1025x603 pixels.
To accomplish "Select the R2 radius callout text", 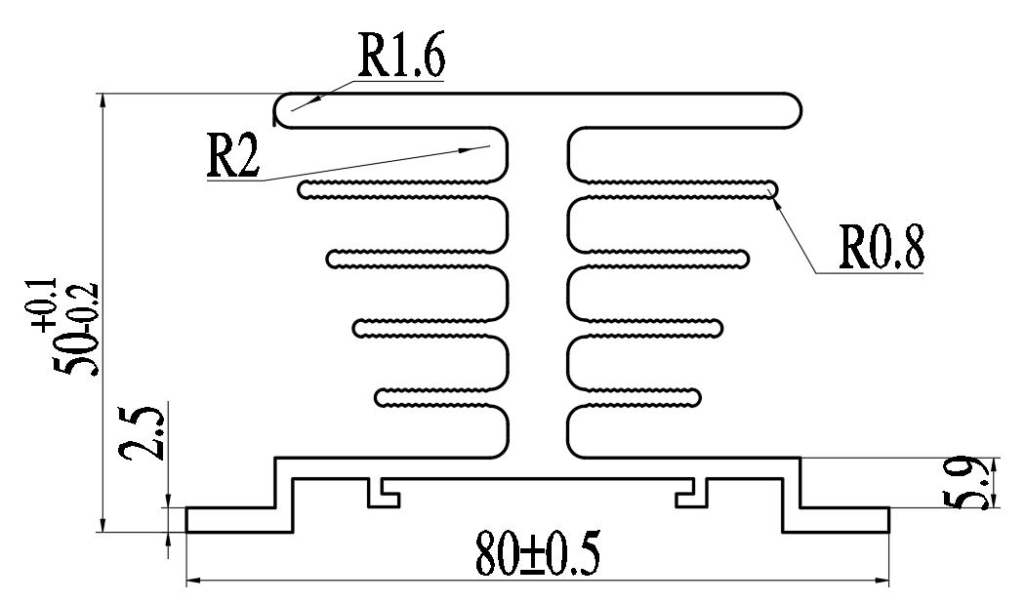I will (x=232, y=155).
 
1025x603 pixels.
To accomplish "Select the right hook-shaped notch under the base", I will (x=690, y=494).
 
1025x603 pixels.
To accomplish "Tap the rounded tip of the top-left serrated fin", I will (x=306, y=189).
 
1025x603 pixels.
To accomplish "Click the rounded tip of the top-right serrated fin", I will (x=770, y=187).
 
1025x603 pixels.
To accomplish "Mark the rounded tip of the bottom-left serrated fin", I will (x=382, y=397).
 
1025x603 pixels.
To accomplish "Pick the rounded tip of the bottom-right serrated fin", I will (x=695, y=397).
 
